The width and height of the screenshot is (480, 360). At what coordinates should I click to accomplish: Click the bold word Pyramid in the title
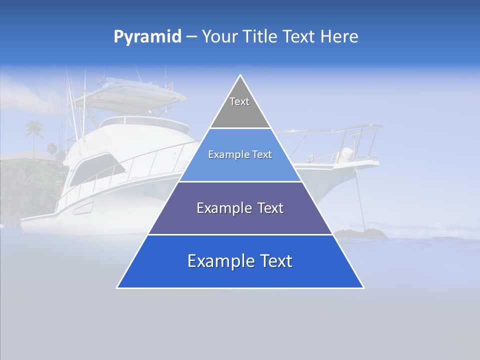[147, 37]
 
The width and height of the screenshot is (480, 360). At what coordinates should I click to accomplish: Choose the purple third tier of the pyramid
[240, 220]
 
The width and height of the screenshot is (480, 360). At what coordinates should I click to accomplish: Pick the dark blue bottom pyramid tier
[240, 272]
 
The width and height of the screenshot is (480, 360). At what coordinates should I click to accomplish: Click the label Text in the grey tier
[239, 101]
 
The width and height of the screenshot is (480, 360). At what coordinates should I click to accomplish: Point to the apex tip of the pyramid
[240, 76]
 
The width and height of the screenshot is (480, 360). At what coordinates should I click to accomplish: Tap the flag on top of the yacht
[100, 77]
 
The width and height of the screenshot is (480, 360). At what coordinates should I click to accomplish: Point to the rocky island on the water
[361, 232]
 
